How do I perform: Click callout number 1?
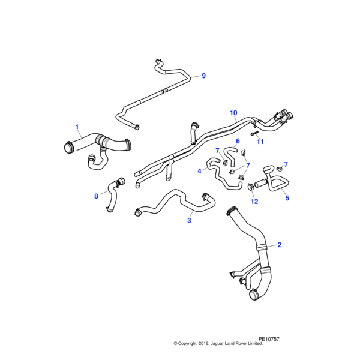[x=77, y=127]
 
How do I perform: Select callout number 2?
[x=279, y=245]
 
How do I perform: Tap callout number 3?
[x=189, y=221]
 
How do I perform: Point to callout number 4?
[x=199, y=171]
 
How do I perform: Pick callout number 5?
[x=287, y=198]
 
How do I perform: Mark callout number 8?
[x=96, y=196]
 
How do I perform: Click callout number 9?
[x=203, y=76]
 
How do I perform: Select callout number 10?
[x=233, y=113]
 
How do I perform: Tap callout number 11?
[x=260, y=142]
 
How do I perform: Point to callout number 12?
[x=254, y=202]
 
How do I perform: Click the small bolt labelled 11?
[x=254, y=133]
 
